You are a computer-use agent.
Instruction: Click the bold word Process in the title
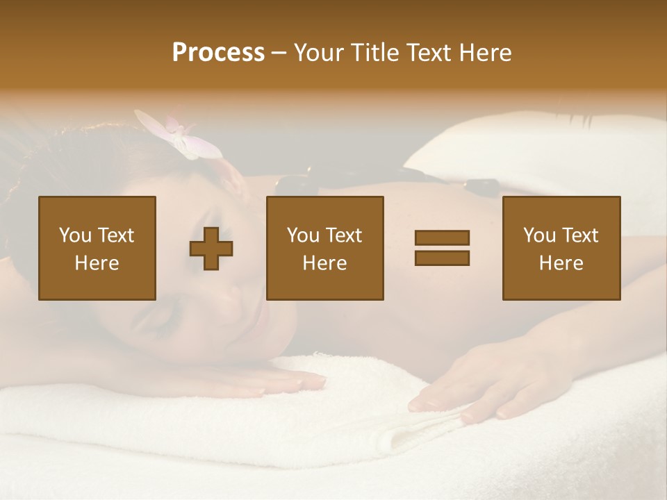point(218,53)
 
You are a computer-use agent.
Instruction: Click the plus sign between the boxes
point(211,248)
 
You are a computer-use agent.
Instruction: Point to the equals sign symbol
point(442,248)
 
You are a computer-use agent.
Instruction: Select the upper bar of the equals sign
point(442,237)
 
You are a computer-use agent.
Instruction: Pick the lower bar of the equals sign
point(442,258)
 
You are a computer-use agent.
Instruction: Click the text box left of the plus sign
point(97,248)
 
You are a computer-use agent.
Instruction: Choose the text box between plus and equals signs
point(324,248)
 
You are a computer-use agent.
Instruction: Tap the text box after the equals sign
point(561,248)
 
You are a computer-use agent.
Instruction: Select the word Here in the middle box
point(324,263)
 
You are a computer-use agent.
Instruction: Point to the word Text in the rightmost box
point(579,235)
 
